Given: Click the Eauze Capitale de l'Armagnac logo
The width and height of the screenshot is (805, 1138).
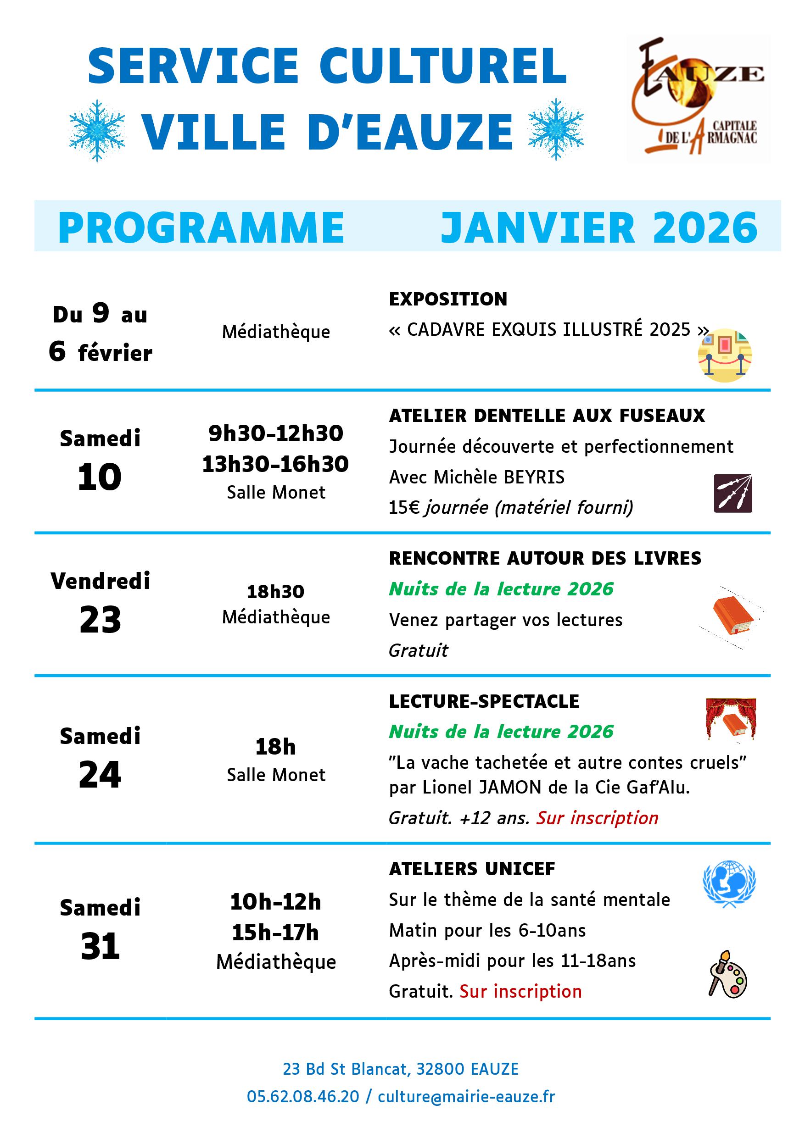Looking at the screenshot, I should click(x=698, y=98).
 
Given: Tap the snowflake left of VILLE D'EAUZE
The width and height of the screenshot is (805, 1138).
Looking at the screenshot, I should click(x=97, y=130).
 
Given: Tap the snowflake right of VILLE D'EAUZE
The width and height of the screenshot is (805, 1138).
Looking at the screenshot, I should click(x=555, y=129).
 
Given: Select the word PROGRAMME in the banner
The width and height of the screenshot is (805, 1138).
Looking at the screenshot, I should click(x=201, y=228).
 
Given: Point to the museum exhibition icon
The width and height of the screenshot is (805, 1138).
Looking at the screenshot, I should click(x=725, y=355).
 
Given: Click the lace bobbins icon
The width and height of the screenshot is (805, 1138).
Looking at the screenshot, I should click(x=732, y=493).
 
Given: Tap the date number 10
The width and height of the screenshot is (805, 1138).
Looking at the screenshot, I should click(x=100, y=477).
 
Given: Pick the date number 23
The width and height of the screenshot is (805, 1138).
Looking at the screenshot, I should click(x=100, y=620).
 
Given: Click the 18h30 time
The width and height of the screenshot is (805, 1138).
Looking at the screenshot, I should click(x=276, y=591).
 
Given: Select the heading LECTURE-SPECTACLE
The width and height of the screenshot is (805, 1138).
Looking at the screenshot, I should click(x=484, y=701).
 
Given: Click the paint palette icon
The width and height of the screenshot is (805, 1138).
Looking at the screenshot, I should click(x=727, y=974).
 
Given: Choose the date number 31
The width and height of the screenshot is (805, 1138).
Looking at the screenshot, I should click(x=100, y=946).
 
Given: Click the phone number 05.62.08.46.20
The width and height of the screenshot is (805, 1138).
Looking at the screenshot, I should click(x=302, y=1096).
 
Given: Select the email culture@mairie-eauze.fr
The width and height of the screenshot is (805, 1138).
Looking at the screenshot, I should click(x=466, y=1096).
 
